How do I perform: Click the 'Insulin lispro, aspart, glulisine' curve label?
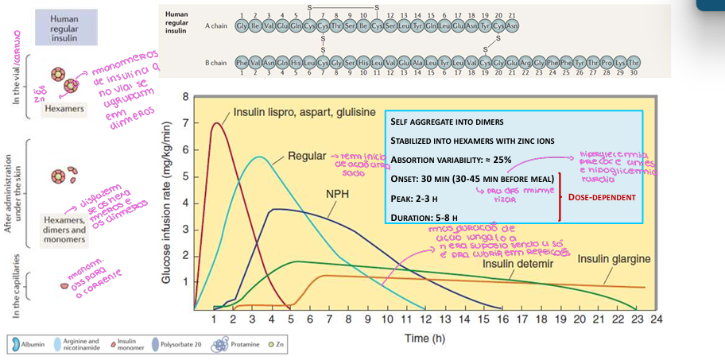click(x=304, y=114)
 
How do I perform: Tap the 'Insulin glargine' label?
click(x=615, y=259)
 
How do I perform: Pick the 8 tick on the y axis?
click(x=185, y=97)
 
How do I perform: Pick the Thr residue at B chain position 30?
click(x=633, y=62)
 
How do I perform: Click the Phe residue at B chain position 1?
click(x=241, y=62)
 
